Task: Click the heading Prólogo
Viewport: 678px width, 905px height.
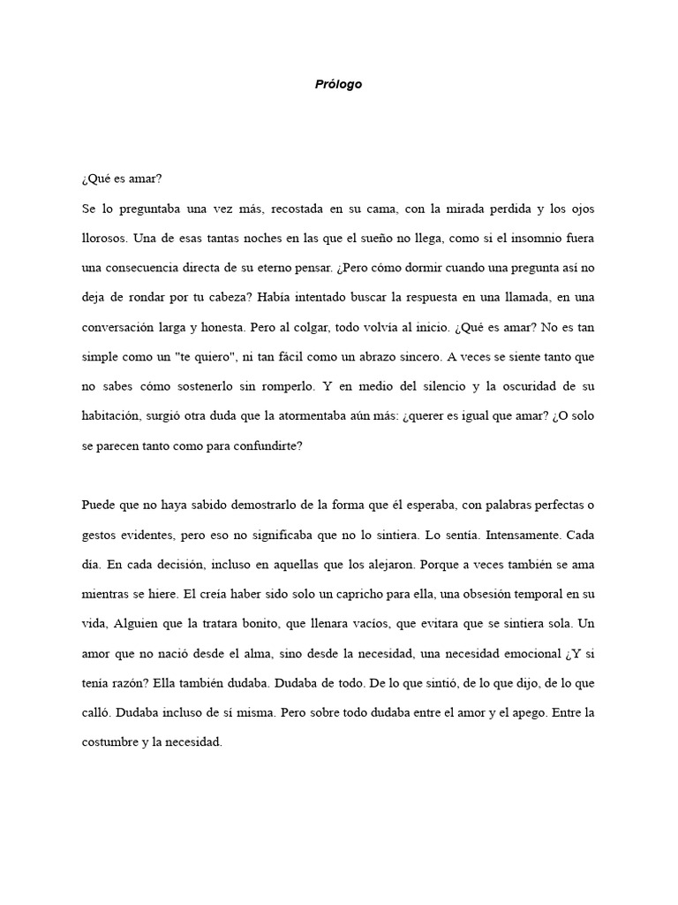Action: point(338,85)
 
